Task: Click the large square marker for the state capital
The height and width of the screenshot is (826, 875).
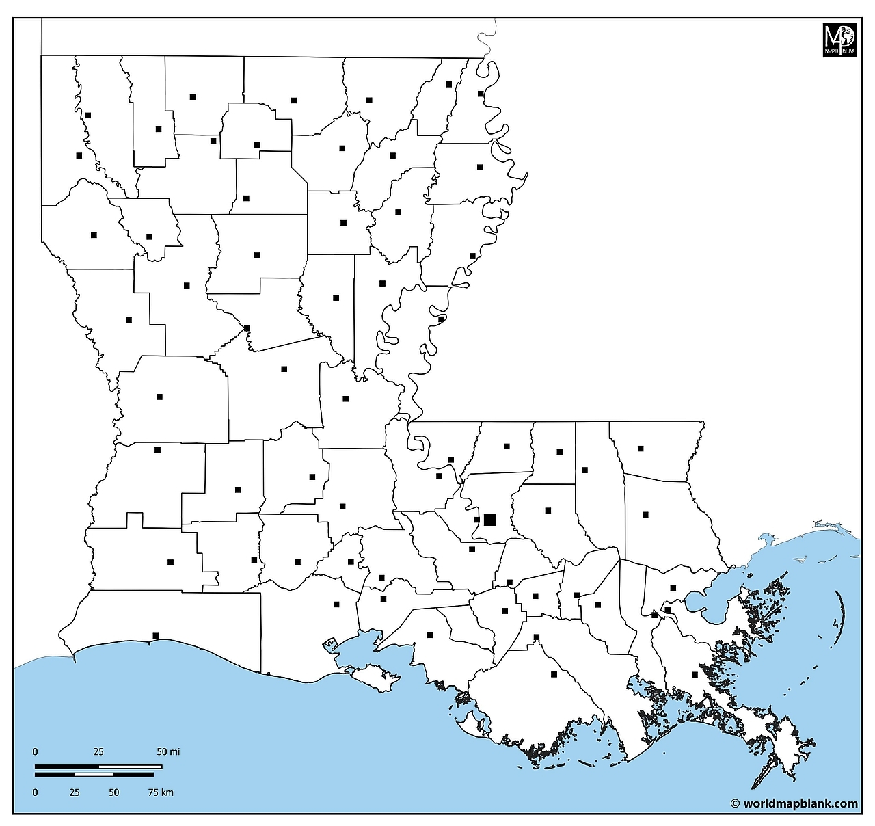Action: pyautogui.click(x=489, y=520)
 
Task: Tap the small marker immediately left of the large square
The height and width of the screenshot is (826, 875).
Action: pyautogui.click(x=476, y=520)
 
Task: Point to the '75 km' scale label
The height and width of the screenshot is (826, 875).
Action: pyautogui.click(x=161, y=792)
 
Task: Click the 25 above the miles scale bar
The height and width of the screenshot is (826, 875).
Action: pyautogui.click(x=98, y=751)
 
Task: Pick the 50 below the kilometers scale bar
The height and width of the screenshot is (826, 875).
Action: pyautogui.click(x=113, y=792)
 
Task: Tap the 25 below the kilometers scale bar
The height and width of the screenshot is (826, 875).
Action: pyautogui.click(x=75, y=792)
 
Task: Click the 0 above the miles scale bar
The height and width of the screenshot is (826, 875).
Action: pyautogui.click(x=36, y=751)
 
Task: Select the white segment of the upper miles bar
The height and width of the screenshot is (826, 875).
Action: pyautogui.click(x=131, y=767)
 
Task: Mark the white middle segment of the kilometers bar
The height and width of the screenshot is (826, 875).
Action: pyautogui.click(x=94, y=775)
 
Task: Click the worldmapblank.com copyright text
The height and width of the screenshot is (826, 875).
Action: pyautogui.click(x=794, y=804)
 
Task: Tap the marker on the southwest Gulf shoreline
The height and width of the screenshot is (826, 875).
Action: pyautogui.click(x=156, y=636)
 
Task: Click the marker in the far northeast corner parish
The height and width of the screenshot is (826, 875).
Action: pyautogui.click(x=481, y=94)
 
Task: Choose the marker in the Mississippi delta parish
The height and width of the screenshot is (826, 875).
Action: pyautogui.click(x=695, y=674)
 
